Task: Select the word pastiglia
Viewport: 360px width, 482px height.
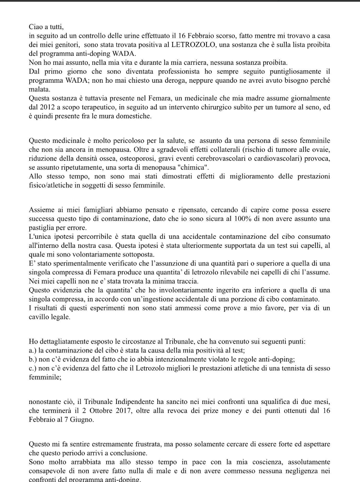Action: pyautogui.click(x=42, y=228)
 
